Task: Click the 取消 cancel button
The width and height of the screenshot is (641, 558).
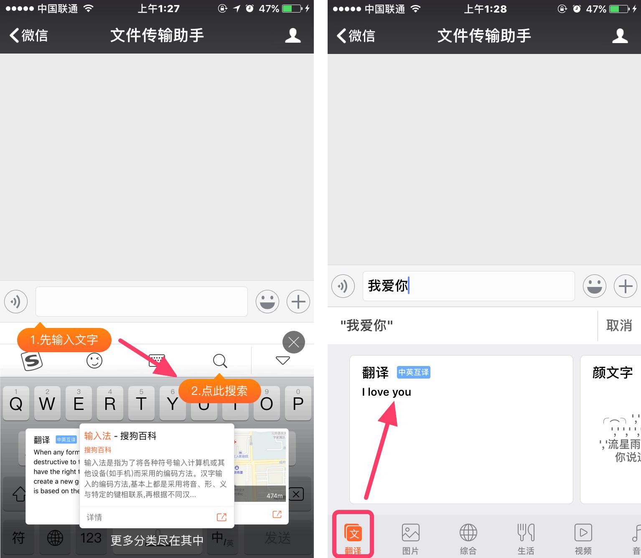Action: (x=619, y=325)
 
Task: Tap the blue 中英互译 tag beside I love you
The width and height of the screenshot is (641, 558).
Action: (x=413, y=372)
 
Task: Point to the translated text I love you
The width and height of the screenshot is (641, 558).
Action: (x=387, y=392)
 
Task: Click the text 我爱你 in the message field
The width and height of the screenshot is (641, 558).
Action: (x=387, y=286)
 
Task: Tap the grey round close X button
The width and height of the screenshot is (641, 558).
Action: (x=294, y=342)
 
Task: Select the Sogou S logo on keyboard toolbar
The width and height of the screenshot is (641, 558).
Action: (x=32, y=360)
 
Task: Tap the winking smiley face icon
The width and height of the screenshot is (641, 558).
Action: (x=94, y=360)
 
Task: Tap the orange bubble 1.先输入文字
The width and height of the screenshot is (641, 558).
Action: (x=64, y=340)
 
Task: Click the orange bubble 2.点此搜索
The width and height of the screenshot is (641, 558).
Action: (x=219, y=391)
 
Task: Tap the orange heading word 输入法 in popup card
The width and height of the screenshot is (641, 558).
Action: (x=97, y=436)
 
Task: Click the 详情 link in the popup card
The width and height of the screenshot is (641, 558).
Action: (x=94, y=517)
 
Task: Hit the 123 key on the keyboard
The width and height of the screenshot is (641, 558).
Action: (x=91, y=538)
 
